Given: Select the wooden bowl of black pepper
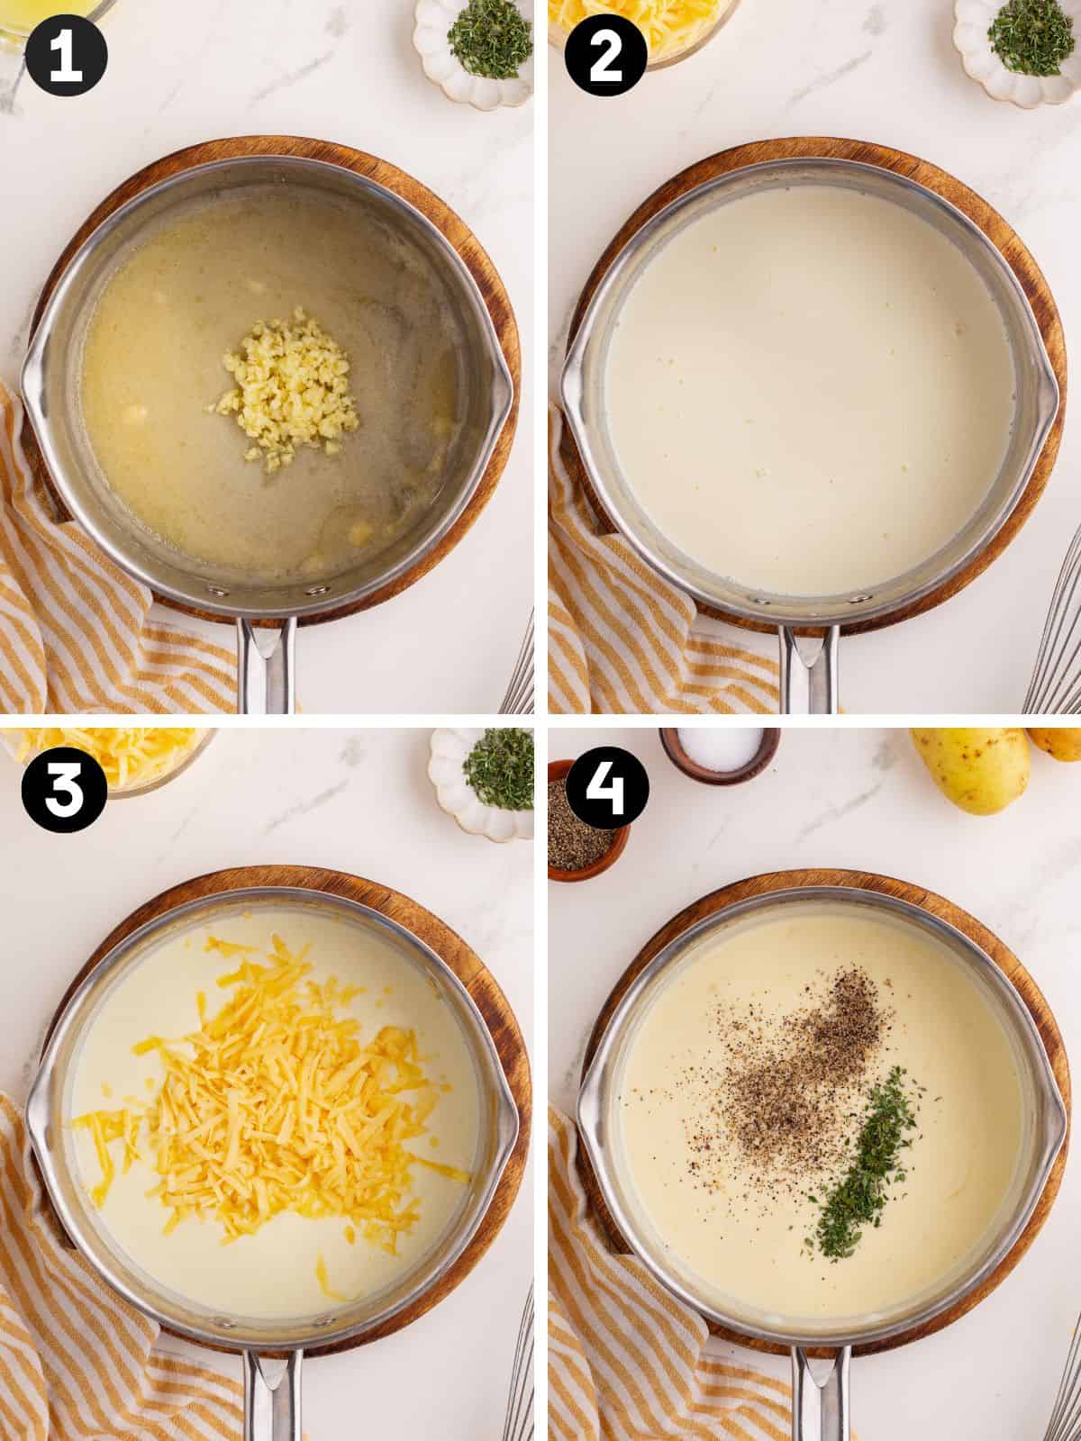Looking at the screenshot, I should click(x=586, y=820).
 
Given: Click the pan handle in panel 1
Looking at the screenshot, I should click(x=268, y=666).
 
